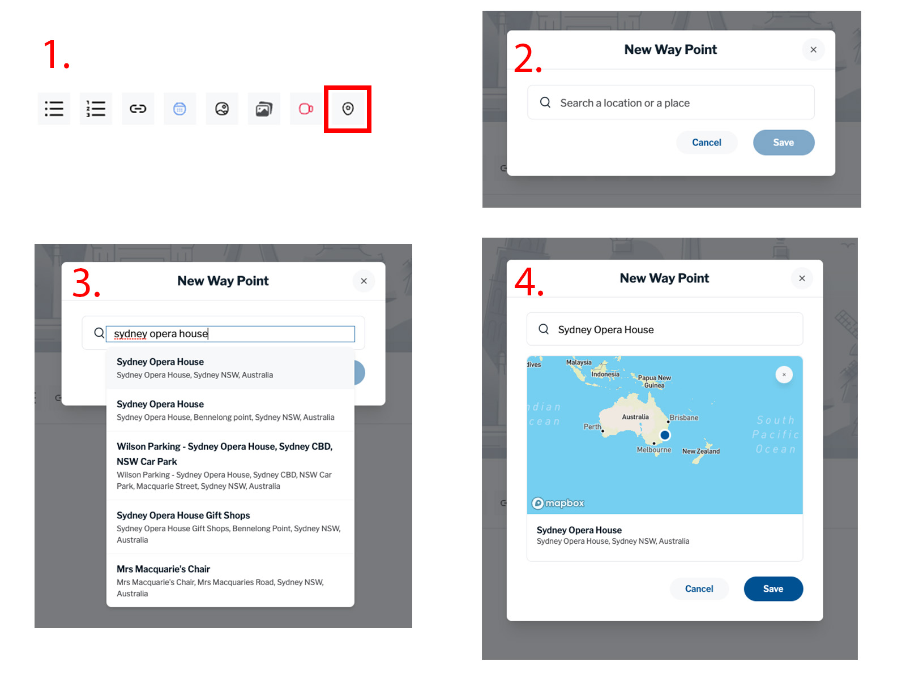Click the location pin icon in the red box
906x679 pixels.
pyautogui.click(x=348, y=109)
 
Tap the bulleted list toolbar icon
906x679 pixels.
pyautogui.click(x=54, y=109)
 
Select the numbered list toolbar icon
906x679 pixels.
pyautogui.click(x=96, y=109)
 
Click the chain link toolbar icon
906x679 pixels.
pyautogui.click(x=138, y=109)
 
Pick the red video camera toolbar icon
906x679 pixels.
pyautogui.click(x=306, y=109)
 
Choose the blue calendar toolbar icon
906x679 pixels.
pyautogui.click(x=180, y=109)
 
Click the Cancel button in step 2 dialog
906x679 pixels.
pyautogui.click(x=706, y=143)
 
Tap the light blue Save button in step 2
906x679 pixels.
pyautogui.click(x=784, y=143)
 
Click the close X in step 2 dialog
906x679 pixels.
pyautogui.click(x=813, y=50)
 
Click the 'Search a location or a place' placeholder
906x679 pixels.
pyautogui.click(x=625, y=103)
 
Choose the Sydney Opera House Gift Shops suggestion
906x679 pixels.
pyautogui.click(x=230, y=527)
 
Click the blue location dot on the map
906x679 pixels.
pyautogui.click(x=665, y=435)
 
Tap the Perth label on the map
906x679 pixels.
pyautogui.click(x=592, y=427)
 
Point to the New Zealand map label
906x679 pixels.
pyautogui.click(x=700, y=452)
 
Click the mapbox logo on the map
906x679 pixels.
pyautogui.click(x=558, y=504)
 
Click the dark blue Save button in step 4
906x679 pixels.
pyautogui.click(x=773, y=588)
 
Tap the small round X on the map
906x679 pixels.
pyautogui.click(x=784, y=375)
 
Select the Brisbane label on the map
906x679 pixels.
pyautogui.click(x=683, y=418)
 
